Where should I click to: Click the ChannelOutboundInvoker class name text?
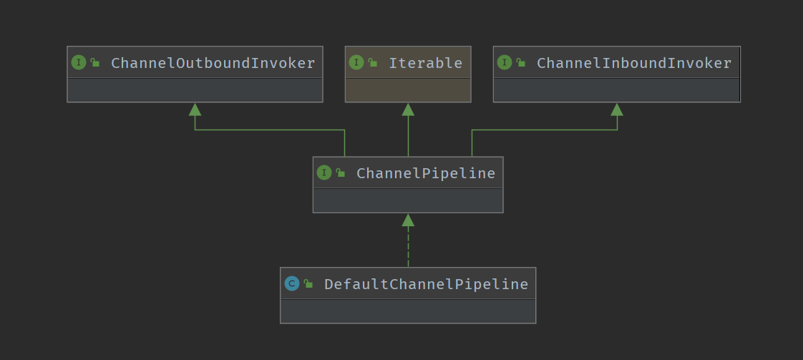(x=213, y=63)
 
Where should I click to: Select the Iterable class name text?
(x=425, y=63)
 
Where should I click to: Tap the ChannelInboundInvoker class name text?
(x=634, y=63)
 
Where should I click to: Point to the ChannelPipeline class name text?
(x=425, y=173)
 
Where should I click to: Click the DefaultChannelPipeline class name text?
(x=426, y=284)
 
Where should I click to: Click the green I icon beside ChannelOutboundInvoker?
(x=79, y=62)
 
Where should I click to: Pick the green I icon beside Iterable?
(x=356, y=62)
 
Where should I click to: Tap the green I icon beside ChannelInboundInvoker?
(x=505, y=62)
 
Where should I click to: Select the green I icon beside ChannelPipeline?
(x=324, y=172)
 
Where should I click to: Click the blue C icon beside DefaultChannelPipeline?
(x=291, y=283)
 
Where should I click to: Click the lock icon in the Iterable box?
(x=373, y=63)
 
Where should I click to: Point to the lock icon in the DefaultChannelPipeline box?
(x=308, y=284)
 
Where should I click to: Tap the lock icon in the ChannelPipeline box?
(x=341, y=173)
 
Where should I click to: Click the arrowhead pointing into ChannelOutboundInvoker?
(x=195, y=110)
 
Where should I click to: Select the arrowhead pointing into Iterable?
(x=408, y=110)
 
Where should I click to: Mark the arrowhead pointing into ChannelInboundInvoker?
(x=617, y=110)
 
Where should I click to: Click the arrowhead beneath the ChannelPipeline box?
(x=408, y=220)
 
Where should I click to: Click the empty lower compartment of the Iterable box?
(x=408, y=90)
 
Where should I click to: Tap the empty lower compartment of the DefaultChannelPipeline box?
(x=408, y=311)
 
